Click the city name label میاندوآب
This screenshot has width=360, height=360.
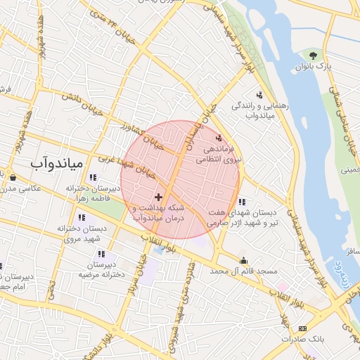[x=58, y=162]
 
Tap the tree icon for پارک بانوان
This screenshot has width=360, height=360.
[x=313, y=55]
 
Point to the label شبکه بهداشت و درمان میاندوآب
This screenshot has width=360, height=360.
[x=159, y=214]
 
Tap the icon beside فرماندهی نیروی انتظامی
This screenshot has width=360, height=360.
[x=219, y=139]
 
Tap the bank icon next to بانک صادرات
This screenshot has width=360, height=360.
[x=303, y=328]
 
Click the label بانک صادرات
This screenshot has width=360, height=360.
[x=302, y=339]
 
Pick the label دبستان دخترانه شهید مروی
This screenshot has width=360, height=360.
[x=89, y=233]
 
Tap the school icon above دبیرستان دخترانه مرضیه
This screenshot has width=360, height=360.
[x=101, y=254]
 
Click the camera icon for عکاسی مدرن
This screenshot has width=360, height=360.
[x=13, y=177]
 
